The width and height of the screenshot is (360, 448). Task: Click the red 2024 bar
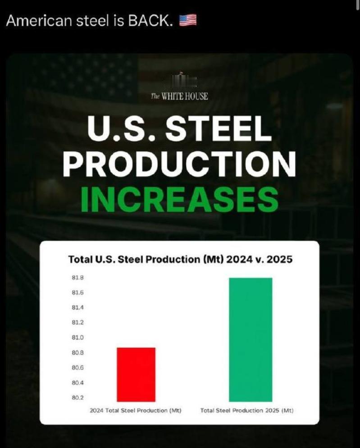[x=136, y=374]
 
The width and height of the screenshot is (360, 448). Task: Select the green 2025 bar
[x=251, y=339]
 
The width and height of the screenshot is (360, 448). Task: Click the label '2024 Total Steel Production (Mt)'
[x=136, y=411]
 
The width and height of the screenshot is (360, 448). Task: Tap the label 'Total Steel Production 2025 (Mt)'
[x=247, y=411]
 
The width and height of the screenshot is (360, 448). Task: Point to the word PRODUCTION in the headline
[x=180, y=164]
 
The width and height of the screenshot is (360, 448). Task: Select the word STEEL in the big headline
[x=220, y=129]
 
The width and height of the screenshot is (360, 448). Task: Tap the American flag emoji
[x=188, y=20]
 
